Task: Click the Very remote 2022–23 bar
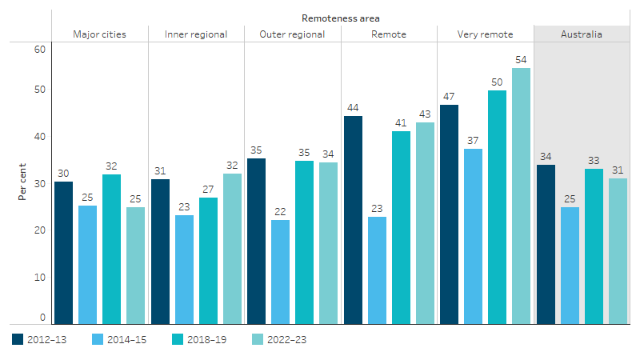click(521, 196)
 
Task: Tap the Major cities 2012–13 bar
click(64, 253)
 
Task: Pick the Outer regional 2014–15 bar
click(280, 272)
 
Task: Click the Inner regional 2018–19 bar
click(208, 261)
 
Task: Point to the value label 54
click(521, 60)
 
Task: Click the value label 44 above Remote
click(353, 108)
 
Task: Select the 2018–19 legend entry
click(200, 339)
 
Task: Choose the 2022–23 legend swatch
click(258, 339)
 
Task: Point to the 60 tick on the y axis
click(41, 49)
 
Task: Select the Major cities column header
click(99, 34)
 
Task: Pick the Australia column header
click(582, 34)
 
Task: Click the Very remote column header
click(485, 34)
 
